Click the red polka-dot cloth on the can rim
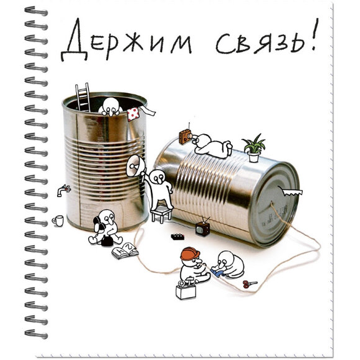click(x=133, y=114)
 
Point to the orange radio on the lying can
click(x=185, y=136)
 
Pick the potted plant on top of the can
click(x=254, y=149)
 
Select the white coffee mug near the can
click(x=58, y=220)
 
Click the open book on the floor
click(x=125, y=251)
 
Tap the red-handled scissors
click(x=250, y=284)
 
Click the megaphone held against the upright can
click(x=133, y=166)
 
